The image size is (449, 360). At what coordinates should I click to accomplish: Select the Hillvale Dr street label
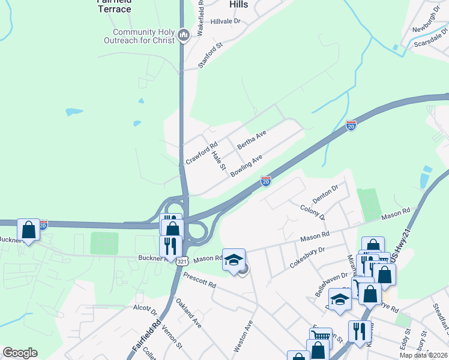(225, 21)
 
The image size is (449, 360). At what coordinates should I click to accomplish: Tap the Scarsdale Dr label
(427, 43)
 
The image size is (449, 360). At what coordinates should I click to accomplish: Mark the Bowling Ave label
(247, 166)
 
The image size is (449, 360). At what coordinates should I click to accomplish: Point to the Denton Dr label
(326, 193)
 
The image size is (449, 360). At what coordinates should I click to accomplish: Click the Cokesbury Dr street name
(307, 254)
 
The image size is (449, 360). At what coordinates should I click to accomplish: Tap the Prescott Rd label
(199, 280)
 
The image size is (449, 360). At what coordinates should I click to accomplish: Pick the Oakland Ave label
(188, 313)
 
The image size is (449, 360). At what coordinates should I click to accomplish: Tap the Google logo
(20, 353)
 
